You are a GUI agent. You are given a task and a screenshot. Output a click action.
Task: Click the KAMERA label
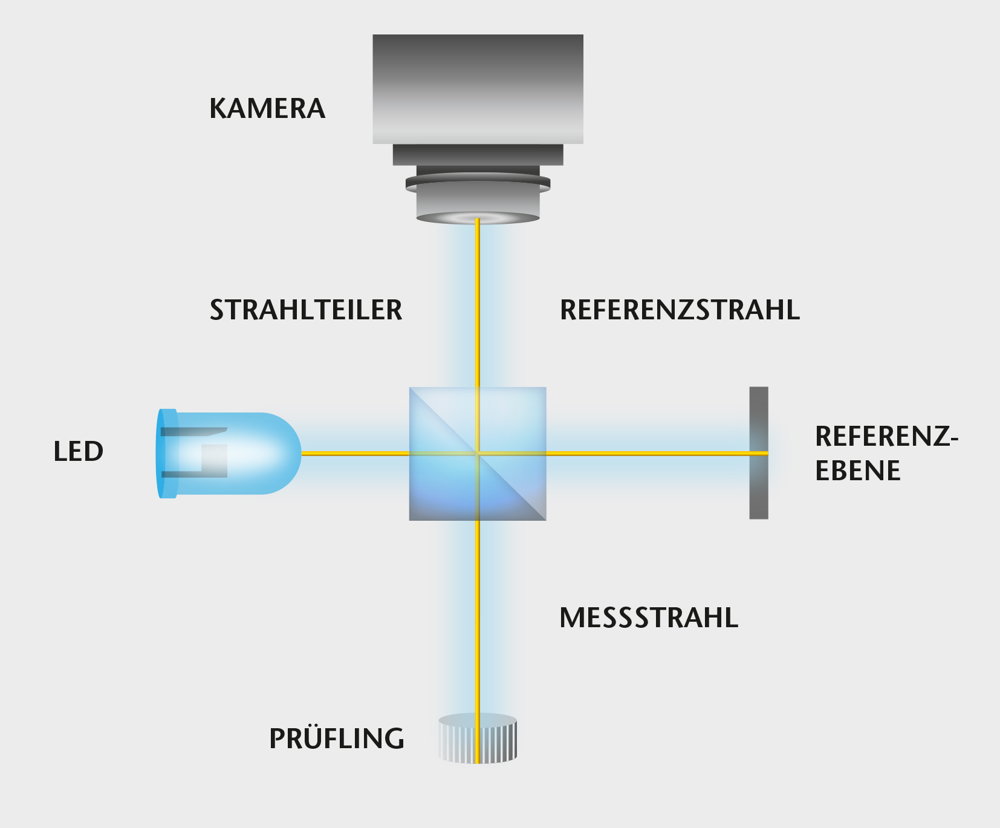pyautogui.click(x=267, y=109)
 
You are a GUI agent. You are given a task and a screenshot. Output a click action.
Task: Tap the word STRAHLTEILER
pyautogui.click(x=306, y=310)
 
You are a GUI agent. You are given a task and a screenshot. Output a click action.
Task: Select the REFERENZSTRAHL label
pyautogui.click(x=680, y=310)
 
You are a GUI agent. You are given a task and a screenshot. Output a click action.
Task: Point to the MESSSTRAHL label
pyautogui.click(x=649, y=618)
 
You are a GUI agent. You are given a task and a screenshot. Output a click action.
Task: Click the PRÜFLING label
pyautogui.click(x=337, y=738)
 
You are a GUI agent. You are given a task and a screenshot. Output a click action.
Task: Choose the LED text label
pyautogui.click(x=79, y=452)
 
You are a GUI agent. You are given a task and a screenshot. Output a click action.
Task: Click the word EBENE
pyautogui.click(x=857, y=471)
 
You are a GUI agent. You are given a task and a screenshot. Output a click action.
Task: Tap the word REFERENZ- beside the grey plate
pyautogui.click(x=886, y=437)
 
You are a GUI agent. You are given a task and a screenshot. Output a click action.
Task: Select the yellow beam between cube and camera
pyautogui.click(x=478, y=302)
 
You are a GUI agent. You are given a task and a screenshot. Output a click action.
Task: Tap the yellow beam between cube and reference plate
pyautogui.click(x=647, y=453)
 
